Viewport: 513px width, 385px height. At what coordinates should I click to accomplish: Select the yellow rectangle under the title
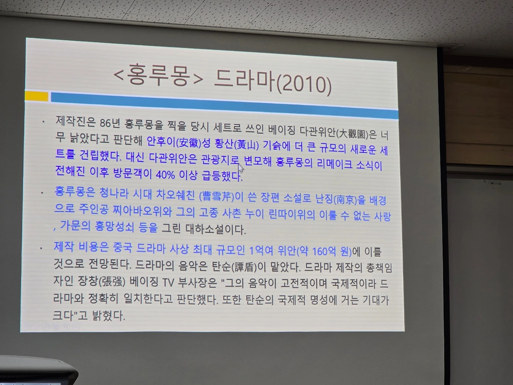[x=37, y=97]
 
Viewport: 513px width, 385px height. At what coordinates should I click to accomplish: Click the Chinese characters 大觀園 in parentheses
[x=353, y=134]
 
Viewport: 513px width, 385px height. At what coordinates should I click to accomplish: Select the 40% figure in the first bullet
[x=165, y=174]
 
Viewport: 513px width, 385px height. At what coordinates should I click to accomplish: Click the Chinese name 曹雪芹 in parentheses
[x=216, y=197]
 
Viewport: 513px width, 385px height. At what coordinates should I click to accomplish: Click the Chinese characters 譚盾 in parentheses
[x=245, y=267]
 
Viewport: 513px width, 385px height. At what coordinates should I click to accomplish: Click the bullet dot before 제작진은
[x=43, y=122]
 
